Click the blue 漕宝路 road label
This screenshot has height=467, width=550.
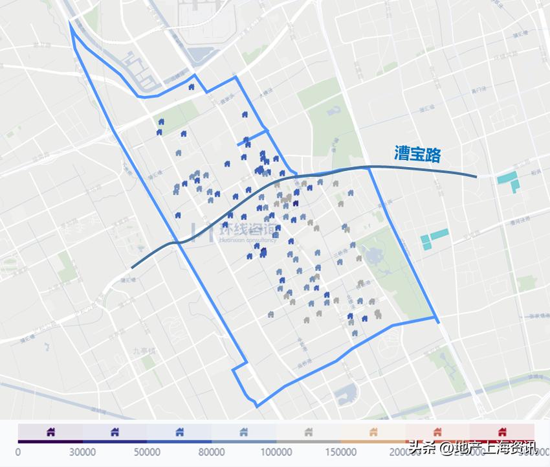(x=417, y=155)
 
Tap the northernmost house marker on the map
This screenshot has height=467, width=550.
(x=192, y=87)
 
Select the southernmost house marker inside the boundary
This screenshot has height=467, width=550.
(x=355, y=334)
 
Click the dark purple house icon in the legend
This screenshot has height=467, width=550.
(x=50, y=431)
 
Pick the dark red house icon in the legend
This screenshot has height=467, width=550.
(x=502, y=431)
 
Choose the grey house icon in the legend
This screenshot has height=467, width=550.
(x=308, y=431)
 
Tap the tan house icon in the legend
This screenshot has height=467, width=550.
(x=373, y=431)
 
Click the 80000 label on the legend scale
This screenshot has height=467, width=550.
(x=212, y=451)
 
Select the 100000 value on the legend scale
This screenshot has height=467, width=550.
(x=276, y=451)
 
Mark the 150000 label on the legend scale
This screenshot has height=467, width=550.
(x=340, y=451)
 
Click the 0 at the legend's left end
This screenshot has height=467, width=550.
(x=18, y=451)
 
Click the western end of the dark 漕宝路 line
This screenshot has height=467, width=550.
(x=132, y=267)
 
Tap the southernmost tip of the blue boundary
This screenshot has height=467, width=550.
(x=258, y=406)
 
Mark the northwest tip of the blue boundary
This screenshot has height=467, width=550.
(x=70, y=22)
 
